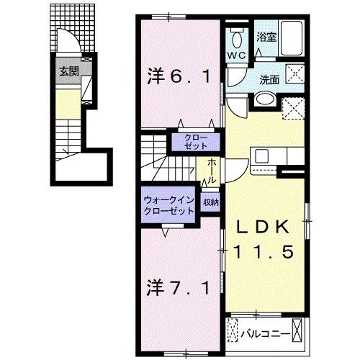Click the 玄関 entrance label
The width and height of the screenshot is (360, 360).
[69, 71]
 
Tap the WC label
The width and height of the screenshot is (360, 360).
[237, 56]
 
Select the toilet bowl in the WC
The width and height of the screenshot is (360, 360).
[237, 40]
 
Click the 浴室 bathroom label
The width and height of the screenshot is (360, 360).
[266, 37]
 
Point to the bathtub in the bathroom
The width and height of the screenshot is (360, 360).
[292, 38]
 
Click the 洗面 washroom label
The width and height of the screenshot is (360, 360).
[269, 80]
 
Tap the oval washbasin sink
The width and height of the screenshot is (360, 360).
[265, 99]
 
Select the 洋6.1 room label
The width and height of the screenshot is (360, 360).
[179, 76]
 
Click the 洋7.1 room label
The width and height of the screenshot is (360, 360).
[179, 288]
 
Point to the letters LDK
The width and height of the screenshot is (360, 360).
[263, 228]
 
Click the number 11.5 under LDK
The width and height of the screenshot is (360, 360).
[264, 251]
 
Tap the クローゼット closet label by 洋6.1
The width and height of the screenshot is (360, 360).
[196, 142]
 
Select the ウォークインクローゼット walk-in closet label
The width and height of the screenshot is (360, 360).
[168, 205]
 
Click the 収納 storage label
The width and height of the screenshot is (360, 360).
[211, 202]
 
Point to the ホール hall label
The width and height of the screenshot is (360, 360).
[212, 171]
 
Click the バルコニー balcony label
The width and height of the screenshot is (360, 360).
[266, 334]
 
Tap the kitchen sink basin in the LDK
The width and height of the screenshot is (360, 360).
[261, 156]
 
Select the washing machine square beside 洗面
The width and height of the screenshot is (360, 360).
[294, 74]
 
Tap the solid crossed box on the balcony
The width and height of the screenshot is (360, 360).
[297, 330]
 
